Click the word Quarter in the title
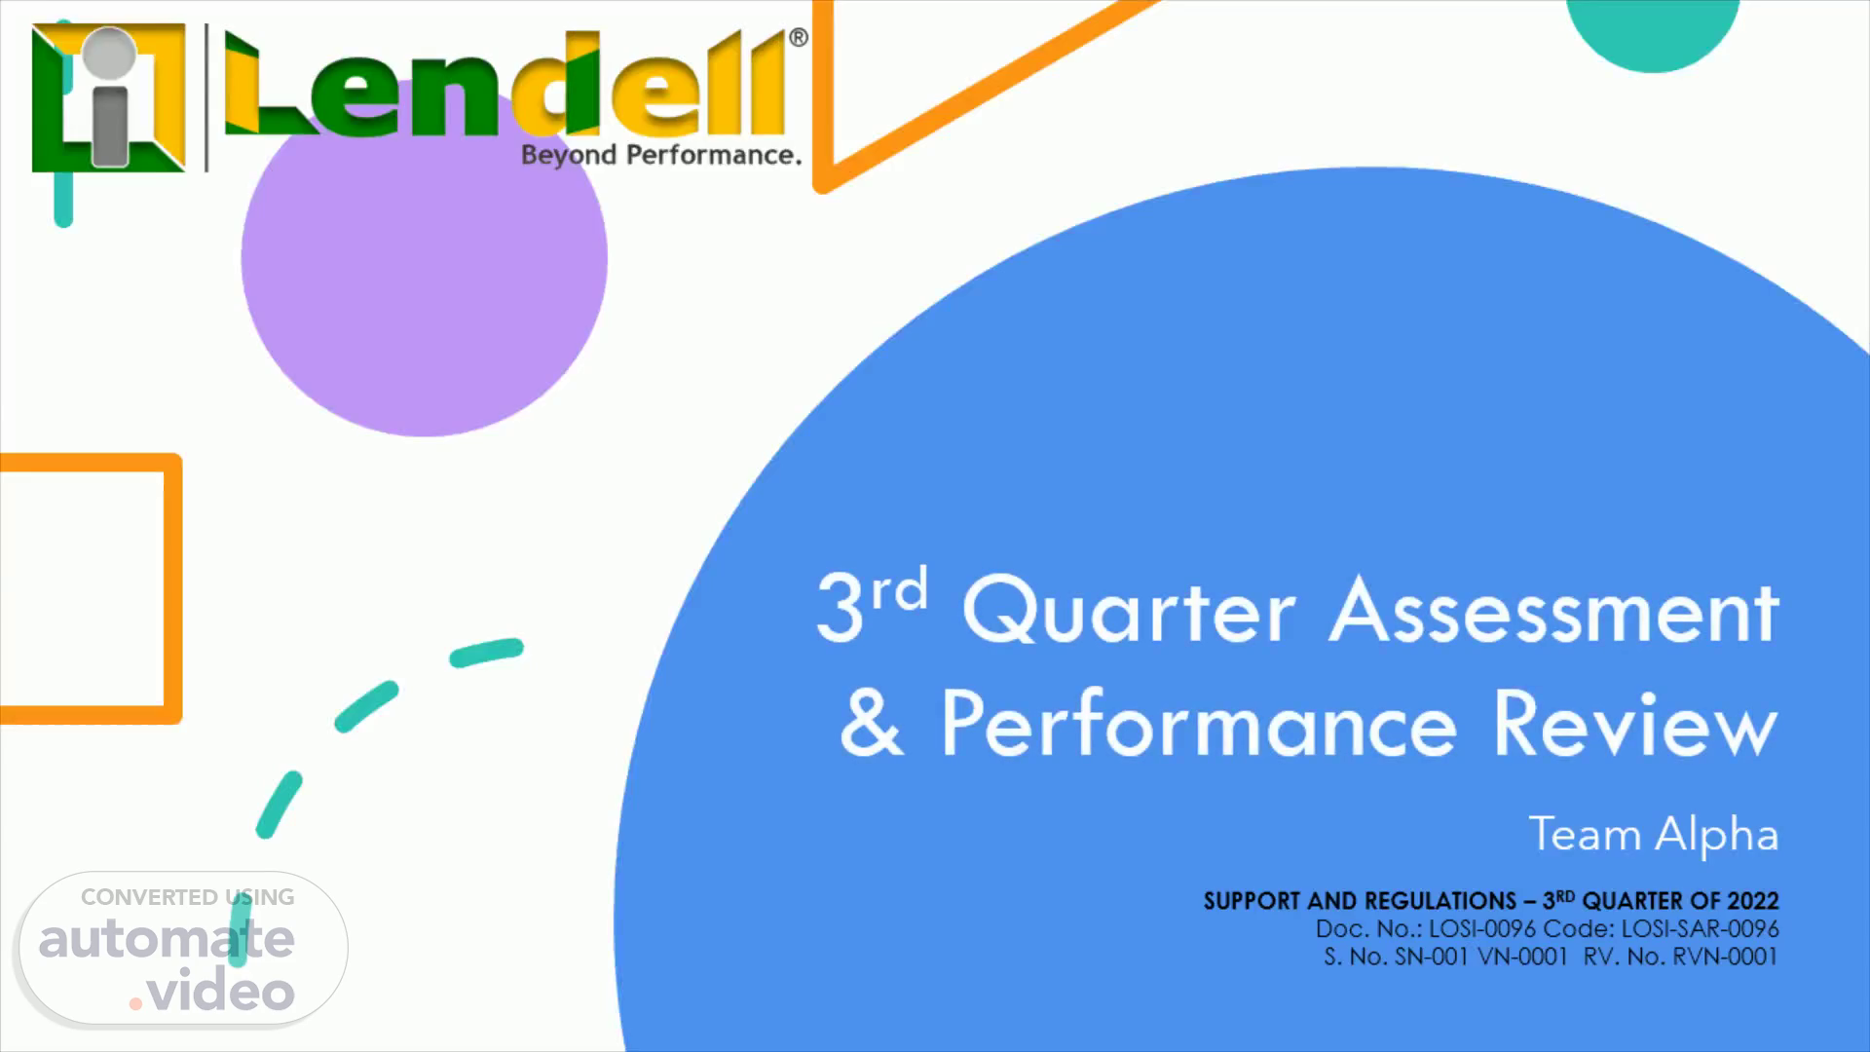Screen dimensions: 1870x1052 point(1129,611)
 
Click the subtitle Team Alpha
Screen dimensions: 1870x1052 point(1654,836)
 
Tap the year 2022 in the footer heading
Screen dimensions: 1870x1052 point(1753,901)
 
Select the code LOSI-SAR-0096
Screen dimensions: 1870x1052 point(1701,929)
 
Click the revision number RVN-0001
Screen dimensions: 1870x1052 point(1725,957)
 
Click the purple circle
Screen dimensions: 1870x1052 point(425,258)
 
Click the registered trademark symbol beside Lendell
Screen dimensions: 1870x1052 point(798,38)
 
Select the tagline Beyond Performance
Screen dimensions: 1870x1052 point(661,156)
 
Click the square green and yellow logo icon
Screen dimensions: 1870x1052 point(108,97)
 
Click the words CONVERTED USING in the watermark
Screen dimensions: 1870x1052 point(188,897)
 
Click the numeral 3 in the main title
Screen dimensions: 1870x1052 point(840,608)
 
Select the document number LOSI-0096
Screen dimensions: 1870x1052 point(1482,929)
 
